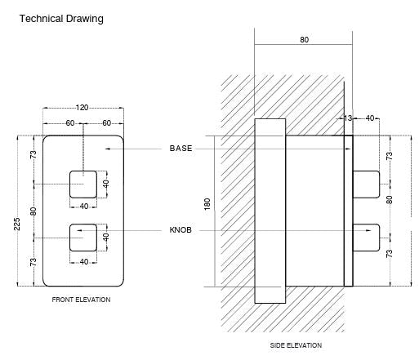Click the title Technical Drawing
click(61, 19)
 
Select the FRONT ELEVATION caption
click(81, 300)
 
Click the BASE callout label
click(181, 149)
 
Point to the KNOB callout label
click(181, 231)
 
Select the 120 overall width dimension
click(83, 107)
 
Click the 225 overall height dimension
click(17, 224)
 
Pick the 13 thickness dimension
click(347, 119)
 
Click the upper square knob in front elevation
click(84, 183)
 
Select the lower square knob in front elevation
click(84, 236)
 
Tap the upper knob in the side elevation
click(366, 184)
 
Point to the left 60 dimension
click(70, 123)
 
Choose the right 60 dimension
click(106, 123)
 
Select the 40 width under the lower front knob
click(83, 261)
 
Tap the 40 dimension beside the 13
click(370, 119)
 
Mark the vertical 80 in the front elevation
click(33, 211)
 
